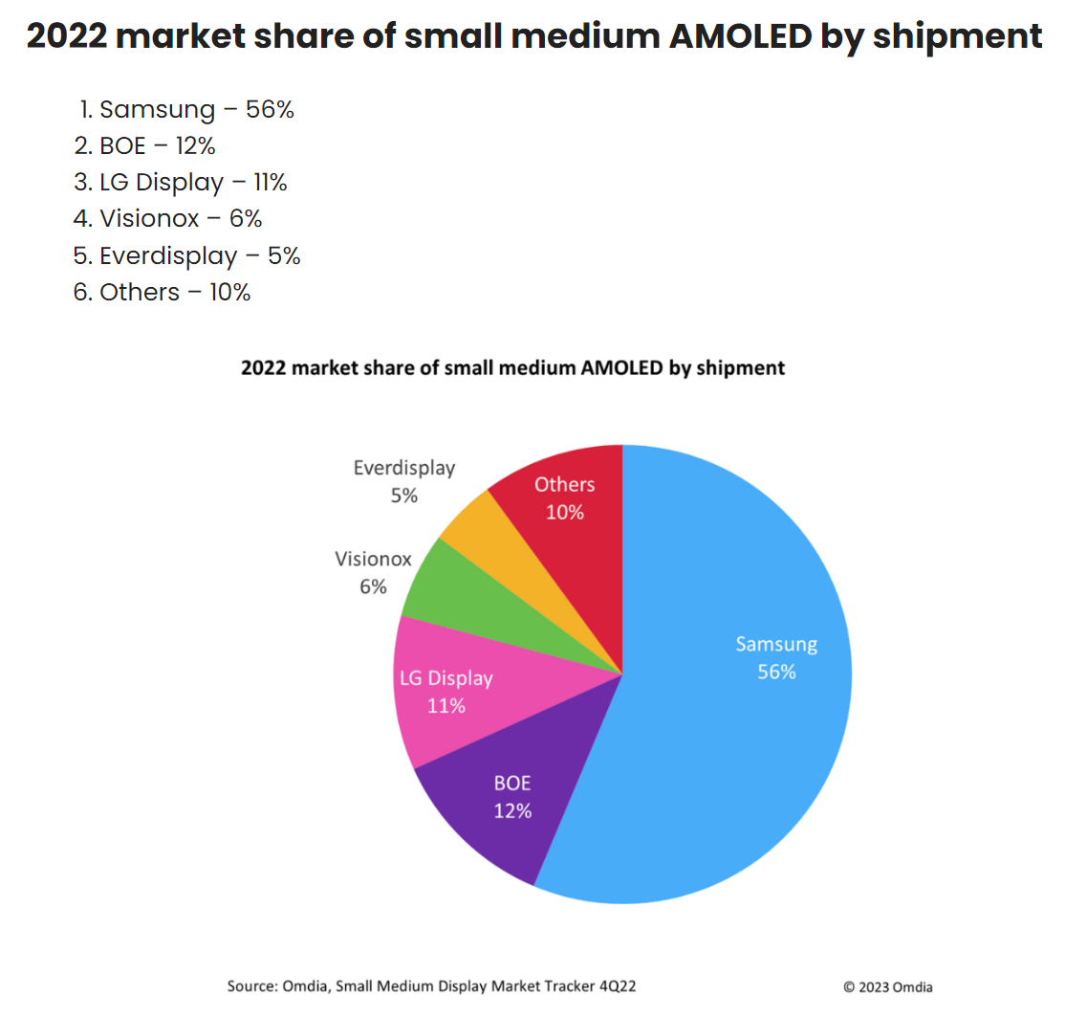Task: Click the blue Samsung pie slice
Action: pos(746,727)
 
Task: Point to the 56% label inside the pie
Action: pos(776,672)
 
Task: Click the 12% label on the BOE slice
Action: pos(512,810)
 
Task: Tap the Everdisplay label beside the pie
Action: pos(403,468)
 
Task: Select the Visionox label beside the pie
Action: pos(373,559)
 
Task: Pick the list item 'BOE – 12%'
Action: pos(157,146)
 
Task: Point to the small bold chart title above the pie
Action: pos(512,367)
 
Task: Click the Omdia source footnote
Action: pos(445,985)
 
